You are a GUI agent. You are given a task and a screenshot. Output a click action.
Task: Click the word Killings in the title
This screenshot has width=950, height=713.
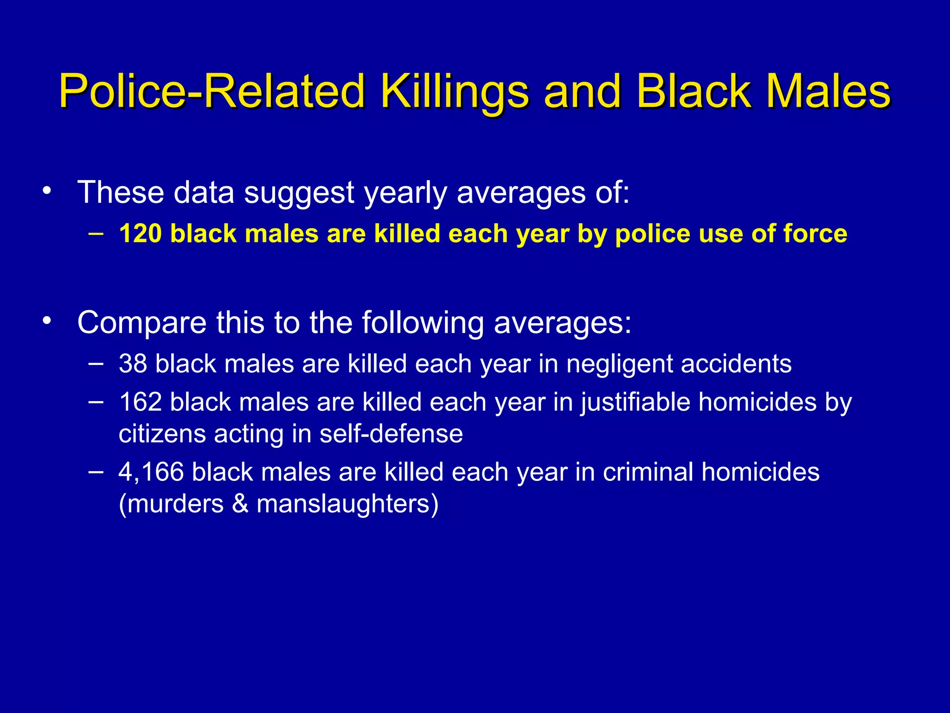coord(455,91)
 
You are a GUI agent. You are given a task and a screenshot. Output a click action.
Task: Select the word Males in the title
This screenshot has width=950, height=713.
coord(828,91)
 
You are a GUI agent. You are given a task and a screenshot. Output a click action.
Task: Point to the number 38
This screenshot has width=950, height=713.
coord(133,363)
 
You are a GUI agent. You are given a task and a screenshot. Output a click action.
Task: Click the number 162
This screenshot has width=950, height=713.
coord(140,402)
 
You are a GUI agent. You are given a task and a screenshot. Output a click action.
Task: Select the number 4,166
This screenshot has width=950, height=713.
coord(151,472)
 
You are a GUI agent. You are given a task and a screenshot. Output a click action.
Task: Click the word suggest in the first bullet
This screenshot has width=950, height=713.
coord(299,193)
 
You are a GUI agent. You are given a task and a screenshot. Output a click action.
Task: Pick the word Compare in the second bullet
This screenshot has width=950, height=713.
coord(141,323)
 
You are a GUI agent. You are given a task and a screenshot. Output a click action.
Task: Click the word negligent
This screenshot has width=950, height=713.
coord(619,363)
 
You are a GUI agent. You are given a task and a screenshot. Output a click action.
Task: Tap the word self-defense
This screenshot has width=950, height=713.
coord(391,434)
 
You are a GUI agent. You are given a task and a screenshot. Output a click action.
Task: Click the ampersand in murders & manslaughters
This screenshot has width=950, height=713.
coord(240,504)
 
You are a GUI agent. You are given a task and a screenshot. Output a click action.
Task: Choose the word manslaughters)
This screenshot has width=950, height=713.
coord(347,504)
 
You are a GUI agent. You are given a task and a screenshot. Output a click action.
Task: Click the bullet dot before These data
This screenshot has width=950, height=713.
coord(46,191)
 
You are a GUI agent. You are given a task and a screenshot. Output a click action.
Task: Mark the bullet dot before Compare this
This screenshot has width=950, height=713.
coord(46,321)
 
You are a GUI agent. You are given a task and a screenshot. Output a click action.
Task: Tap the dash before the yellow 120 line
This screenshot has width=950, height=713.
coord(96,233)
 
